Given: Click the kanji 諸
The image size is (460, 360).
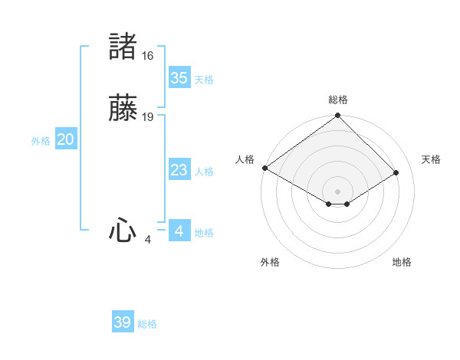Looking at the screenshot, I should tap(123, 47).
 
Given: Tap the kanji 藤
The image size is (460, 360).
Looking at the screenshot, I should tap(123, 110).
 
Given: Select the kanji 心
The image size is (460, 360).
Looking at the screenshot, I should tap(123, 231).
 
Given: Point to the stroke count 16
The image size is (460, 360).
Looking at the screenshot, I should tap(147, 56).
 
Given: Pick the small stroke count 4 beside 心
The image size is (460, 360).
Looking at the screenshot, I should tap(147, 240).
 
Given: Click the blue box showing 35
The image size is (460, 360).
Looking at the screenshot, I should tap(179, 78).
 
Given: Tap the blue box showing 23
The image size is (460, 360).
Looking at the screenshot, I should tap(179, 170).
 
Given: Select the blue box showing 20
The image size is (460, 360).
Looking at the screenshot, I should tap(66, 140).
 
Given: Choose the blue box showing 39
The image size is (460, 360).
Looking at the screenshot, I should tap(123, 322).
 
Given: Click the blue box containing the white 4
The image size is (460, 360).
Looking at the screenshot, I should tap(179, 231).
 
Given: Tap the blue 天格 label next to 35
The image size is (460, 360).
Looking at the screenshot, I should tap(204, 80).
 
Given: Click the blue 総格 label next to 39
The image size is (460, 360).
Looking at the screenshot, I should tap(147, 324).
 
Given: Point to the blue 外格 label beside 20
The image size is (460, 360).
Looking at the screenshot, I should tap(41, 141).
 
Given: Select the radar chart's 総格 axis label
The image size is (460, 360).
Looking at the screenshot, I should tap(337, 100).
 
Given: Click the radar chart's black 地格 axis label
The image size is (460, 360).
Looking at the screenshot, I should tap(402, 263).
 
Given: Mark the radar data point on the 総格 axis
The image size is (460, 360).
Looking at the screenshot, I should tap(337, 116).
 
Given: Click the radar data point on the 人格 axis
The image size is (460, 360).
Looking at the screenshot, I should tap(264, 168).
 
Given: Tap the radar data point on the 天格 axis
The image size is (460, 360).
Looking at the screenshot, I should tap(396, 172).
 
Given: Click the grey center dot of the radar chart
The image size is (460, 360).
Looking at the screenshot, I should tap(337, 191).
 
